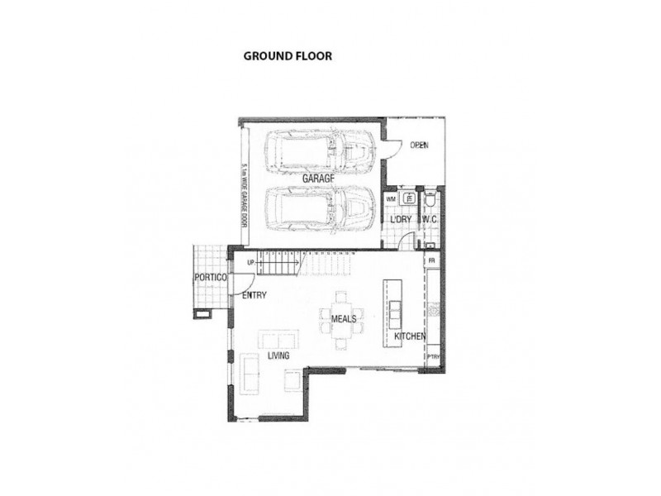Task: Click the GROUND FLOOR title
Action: (x=287, y=57)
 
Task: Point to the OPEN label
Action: (x=419, y=146)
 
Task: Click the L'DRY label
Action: (x=401, y=220)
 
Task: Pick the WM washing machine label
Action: (x=391, y=199)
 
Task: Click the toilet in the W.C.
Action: (x=430, y=201)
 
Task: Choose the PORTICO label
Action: (x=211, y=278)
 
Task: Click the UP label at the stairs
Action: (x=250, y=263)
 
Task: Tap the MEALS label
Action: (x=343, y=318)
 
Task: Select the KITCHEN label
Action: (x=409, y=336)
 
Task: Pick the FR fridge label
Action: (x=431, y=260)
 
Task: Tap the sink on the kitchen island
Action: (x=392, y=312)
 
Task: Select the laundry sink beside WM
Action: (x=407, y=199)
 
